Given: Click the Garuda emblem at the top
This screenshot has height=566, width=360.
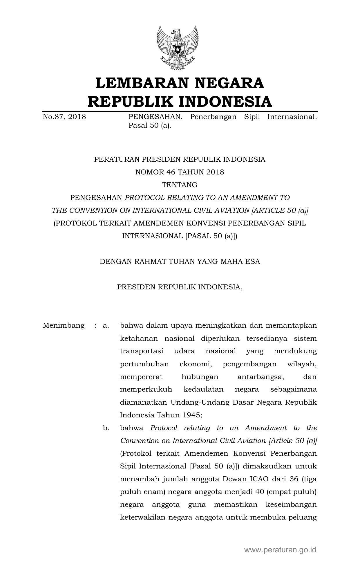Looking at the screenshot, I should [178, 48].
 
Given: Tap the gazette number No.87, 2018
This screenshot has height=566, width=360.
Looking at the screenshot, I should [64, 117].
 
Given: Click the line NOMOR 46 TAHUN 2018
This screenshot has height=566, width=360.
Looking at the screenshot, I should [180, 172].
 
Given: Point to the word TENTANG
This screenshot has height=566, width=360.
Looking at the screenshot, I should [180, 185].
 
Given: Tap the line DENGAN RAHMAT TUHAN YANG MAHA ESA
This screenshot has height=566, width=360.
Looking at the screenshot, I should [180, 262].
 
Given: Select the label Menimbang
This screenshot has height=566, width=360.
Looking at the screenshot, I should [64, 325].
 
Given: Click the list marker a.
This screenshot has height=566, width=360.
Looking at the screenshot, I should [106, 325].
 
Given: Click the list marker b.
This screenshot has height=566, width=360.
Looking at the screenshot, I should [106, 428].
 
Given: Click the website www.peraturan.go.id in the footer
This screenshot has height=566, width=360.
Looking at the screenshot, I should [280, 549].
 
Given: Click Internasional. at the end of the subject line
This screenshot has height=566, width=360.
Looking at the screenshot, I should [292, 117].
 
